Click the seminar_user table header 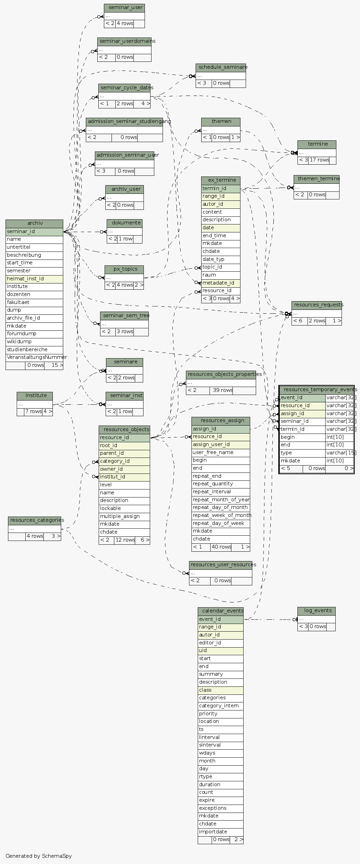click(x=124, y=8)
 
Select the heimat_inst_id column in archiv click(x=34, y=279)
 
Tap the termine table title click(x=317, y=144)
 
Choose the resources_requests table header click(x=317, y=305)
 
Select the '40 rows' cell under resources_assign click(x=221, y=547)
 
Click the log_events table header click(x=316, y=611)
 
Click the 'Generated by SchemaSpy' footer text click(x=39, y=856)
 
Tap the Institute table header click(x=35, y=396)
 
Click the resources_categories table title click(x=34, y=520)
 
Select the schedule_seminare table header click(x=221, y=67)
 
